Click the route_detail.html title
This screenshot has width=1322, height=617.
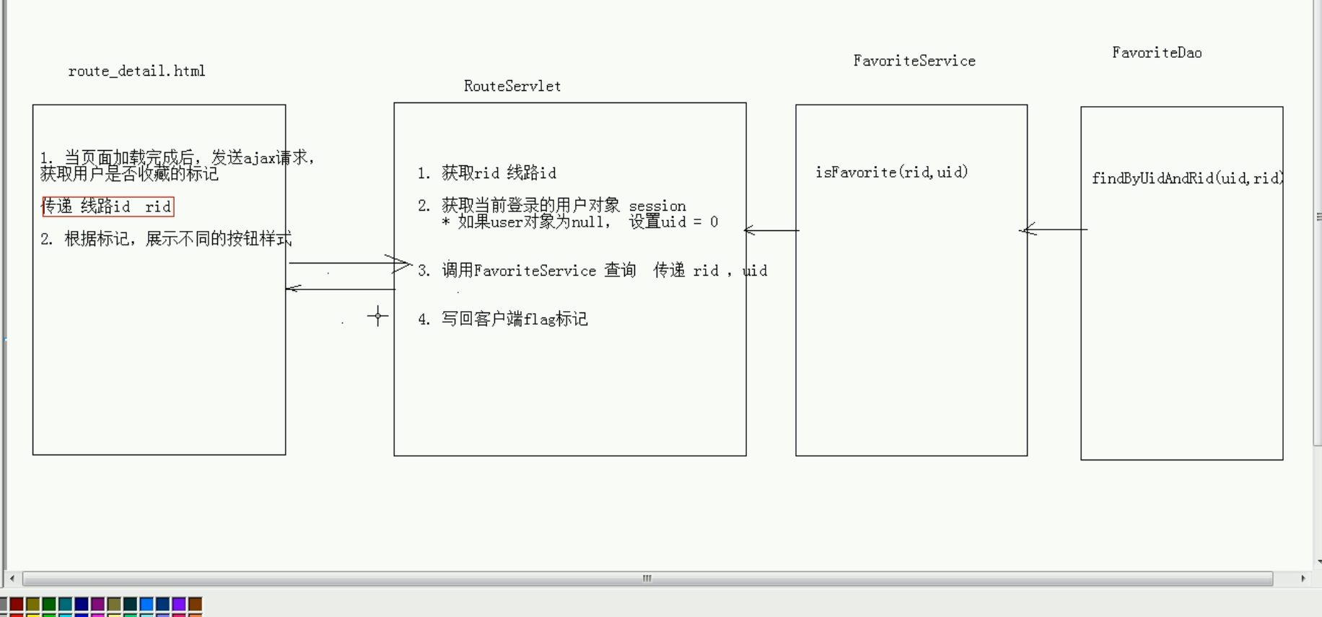[136, 71]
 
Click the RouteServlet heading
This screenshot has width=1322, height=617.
[512, 86]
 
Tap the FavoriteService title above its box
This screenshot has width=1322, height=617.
[914, 61]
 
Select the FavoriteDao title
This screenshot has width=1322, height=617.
[1156, 52]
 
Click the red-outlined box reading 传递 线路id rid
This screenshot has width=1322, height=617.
[108, 206]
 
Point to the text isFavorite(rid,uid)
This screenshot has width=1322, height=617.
[891, 172]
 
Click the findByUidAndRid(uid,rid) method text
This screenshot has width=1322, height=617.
[1186, 178]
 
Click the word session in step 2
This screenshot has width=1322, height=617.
[657, 206]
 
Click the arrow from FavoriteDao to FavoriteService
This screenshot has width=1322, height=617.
[1054, 229]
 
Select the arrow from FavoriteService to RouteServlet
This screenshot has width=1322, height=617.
[771, 230]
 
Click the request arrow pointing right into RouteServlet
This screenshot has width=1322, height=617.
[349, 263]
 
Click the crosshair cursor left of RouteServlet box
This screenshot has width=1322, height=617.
[377, 315]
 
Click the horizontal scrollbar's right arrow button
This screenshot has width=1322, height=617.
[1303, 578]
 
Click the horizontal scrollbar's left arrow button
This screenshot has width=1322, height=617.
[12, 578]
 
